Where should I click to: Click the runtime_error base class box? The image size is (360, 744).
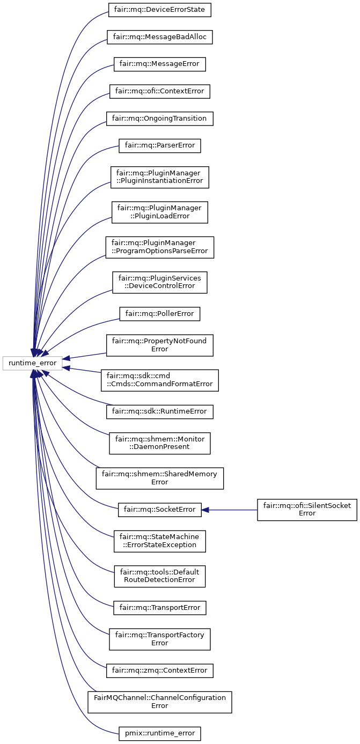(33, 363)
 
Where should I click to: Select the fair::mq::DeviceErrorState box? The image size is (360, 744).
(159, 10)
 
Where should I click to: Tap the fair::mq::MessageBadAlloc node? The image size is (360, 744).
(159, 37)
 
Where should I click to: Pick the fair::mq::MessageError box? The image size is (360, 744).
(159, 64)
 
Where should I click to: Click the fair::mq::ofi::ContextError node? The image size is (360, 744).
(159, 91)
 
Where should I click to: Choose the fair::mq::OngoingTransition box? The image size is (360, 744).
(159, 118)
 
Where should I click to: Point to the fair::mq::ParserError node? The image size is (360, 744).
(159, 145)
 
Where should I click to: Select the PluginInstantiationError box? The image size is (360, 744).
(159, 177)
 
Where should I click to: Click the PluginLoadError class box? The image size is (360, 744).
(159, 212)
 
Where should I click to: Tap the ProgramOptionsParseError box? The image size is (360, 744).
(159, 247)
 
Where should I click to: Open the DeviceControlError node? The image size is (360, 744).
(159, 282)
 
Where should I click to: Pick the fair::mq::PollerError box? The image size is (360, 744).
(159, 313)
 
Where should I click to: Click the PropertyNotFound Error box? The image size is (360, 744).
(159, 345)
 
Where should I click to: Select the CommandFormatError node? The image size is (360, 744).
(159, 380)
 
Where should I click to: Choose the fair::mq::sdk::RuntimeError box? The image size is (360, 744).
(159, 411)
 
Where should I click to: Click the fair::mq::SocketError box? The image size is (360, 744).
(159, 510)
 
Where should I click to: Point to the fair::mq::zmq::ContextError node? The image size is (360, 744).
(159, 671)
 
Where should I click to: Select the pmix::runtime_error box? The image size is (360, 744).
(159, 733)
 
